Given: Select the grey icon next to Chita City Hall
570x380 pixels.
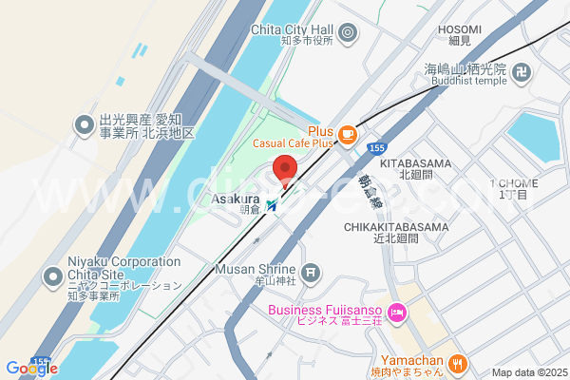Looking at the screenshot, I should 348,34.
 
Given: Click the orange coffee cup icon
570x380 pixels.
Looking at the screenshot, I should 348,134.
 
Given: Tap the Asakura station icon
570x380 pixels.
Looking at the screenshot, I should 274,204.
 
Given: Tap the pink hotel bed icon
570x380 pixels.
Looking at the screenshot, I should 398,312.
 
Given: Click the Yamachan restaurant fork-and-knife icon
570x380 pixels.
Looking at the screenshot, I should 458,362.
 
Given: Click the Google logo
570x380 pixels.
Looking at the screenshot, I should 31,369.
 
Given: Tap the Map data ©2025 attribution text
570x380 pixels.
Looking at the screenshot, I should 528,372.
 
